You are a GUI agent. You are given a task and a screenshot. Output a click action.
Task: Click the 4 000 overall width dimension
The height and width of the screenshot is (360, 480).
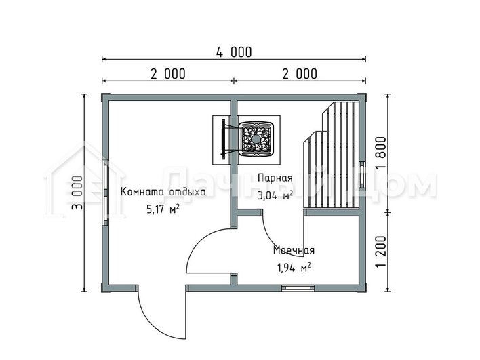pos(234,52)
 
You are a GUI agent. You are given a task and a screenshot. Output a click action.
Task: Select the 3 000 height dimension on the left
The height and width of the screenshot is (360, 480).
pos(77,193)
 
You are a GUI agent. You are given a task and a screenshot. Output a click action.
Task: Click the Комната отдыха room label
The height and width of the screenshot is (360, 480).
pos(163,192)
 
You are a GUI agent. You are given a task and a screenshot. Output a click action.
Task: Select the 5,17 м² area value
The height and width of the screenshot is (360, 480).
pos(163,209)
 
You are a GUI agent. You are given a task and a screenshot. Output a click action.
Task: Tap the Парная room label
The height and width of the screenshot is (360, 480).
pos(275,178)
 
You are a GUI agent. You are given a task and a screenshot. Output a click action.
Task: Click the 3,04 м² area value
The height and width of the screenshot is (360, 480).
pos(275,195)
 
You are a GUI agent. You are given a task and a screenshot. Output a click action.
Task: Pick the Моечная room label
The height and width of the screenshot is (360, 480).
pos(294,250)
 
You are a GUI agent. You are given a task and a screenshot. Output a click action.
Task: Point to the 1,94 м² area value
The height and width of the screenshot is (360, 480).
pos(294,268)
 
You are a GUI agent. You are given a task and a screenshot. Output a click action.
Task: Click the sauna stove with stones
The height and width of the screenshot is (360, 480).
pos(256,140)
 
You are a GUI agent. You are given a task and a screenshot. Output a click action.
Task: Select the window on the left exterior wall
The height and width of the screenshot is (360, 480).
pos(105,193)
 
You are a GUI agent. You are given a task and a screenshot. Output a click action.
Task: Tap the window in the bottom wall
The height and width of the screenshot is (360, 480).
pos(298,287)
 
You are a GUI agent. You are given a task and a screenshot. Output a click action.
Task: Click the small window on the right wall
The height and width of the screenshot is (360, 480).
pos(362,175)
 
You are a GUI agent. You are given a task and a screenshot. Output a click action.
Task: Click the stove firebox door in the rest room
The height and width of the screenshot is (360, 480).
pos(223,139)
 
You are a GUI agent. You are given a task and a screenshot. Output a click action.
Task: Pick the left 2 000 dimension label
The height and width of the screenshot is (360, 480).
pos(167,74)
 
